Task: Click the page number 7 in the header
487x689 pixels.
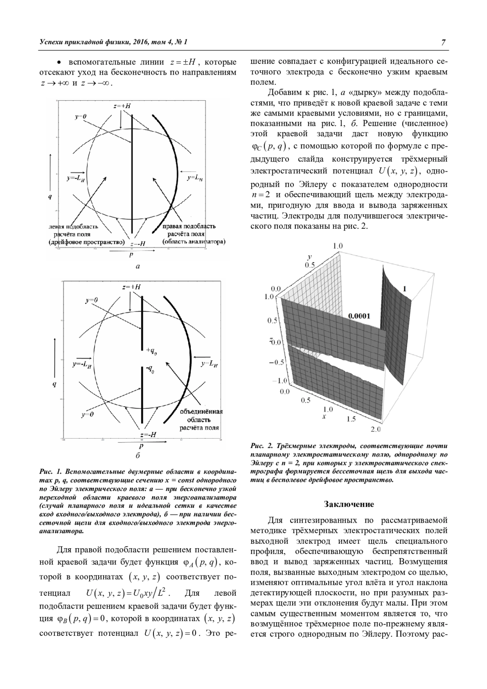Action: point(444,43)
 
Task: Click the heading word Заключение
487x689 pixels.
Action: point(349,504)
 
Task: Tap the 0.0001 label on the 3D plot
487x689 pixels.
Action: point(359,316)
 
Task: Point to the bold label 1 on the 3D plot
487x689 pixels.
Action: point(405,289)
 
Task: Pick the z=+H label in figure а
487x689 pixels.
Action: point(122,106)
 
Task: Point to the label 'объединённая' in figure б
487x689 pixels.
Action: point(201,411)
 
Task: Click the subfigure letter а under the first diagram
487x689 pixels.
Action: point(138,267)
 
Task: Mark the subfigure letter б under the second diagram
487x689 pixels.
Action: point(138,455)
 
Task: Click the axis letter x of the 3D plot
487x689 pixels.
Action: point(324,416)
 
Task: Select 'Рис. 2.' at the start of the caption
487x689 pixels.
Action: point(260,447)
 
